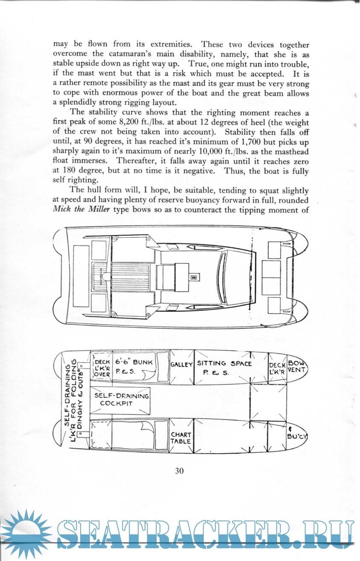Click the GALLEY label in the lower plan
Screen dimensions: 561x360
(x=182, y=364)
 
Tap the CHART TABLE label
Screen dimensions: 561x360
(x=181, y=438)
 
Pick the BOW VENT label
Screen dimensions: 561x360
(x=297, y=367)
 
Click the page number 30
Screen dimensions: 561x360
(x=179, y=471)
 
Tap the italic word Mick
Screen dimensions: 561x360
(x=62, y=212)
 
